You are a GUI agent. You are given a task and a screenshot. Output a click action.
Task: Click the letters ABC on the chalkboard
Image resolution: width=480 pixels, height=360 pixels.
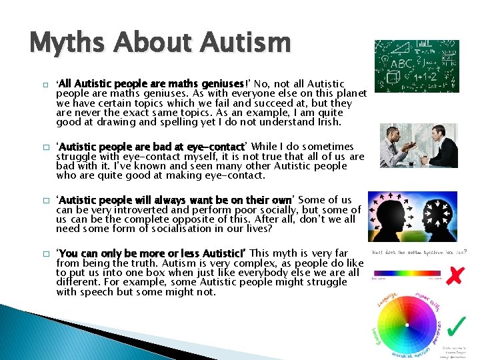tap(401, 64)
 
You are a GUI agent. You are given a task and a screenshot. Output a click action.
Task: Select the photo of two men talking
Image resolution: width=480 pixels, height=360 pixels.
tap(419, 145)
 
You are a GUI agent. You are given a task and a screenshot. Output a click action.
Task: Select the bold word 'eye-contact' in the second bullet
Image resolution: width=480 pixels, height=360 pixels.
tap(217, 146)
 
